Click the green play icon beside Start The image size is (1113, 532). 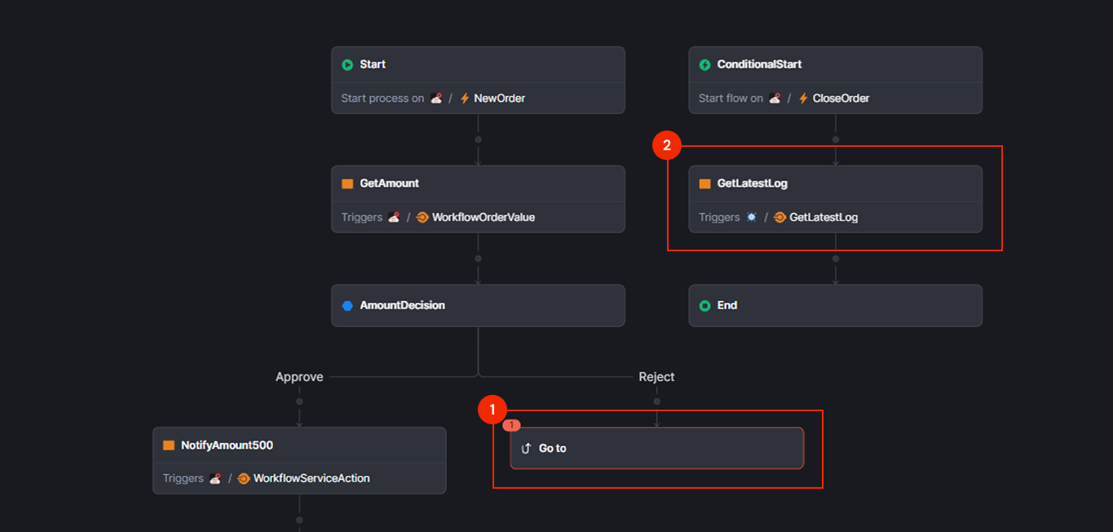347,64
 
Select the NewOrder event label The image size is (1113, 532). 499,98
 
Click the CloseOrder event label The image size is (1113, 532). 841,98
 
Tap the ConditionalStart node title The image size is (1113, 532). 759,64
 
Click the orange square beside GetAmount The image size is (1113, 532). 347,184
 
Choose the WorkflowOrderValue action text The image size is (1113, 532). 484,217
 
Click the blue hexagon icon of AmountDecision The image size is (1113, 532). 347,306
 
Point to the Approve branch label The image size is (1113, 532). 299,377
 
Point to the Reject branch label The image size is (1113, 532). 656,377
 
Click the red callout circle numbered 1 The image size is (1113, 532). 492,410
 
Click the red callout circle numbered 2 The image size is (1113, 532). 667,146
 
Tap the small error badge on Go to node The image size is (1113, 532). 511,425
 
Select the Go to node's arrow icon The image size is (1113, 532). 526,448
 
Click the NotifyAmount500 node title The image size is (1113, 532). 227,446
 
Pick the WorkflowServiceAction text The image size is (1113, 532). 311,478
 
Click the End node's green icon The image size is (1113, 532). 705,306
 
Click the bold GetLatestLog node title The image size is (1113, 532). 752,184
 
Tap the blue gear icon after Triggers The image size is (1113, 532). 752,217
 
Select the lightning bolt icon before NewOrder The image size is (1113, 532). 465,98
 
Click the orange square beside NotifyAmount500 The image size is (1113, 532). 169,446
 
